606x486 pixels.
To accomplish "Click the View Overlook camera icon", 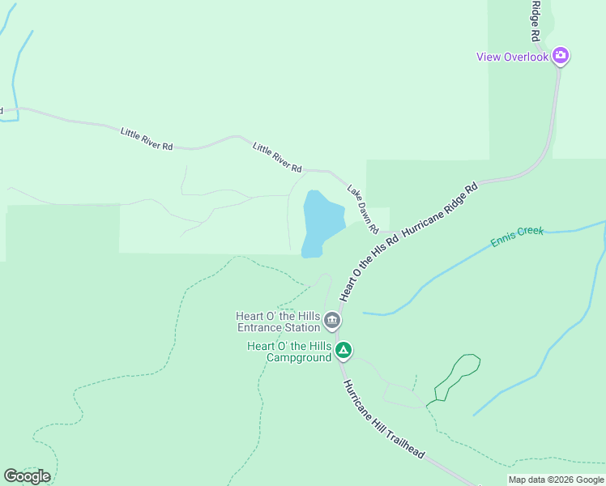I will [561, 56].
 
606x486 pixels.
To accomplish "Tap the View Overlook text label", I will [512, 57].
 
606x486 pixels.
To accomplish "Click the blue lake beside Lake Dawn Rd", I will [322, 220].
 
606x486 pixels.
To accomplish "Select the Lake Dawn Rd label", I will [363, 210].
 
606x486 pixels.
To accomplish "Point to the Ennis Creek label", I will [517, 237].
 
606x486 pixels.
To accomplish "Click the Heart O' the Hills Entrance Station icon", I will [331, 322].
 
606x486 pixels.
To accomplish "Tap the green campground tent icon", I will [344, 351].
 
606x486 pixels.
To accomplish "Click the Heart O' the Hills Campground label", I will [289, 352].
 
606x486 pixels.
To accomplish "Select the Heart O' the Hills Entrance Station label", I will [278, 322].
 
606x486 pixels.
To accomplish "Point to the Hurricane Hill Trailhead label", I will [383, 420].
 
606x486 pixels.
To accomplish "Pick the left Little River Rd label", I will [147, 139].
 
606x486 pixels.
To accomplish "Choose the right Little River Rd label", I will [277, 157].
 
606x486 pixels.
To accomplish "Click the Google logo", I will [27, 476].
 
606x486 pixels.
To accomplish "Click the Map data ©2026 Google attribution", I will [556, 480].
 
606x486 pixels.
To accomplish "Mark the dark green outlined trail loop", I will [458, 376].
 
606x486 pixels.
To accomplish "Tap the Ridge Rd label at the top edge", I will [535, 20].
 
